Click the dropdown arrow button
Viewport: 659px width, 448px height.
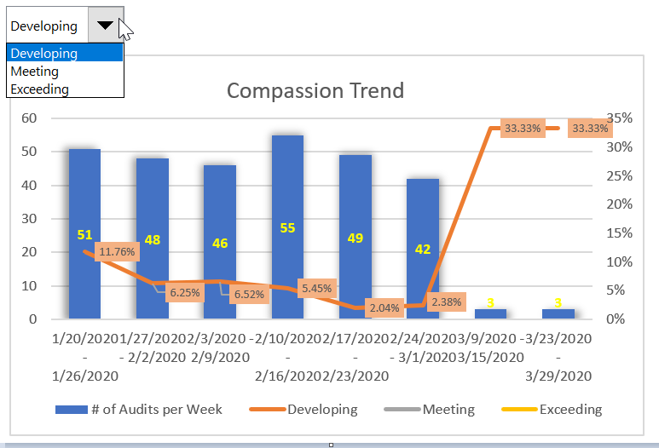[105, 26]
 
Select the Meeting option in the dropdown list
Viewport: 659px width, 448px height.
[35, 72]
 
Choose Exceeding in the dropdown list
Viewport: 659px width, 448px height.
[40, 89]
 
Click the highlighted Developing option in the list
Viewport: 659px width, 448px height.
[44, 54]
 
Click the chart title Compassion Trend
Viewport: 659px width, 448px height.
[315, 90]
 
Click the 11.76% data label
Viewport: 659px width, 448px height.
[117, 252]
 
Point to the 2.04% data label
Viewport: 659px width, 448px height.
[384, 307]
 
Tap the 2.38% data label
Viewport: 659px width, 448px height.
[447, 302]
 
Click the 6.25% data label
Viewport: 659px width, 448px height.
[185, 292]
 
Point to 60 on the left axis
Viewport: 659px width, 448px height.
[28, 118]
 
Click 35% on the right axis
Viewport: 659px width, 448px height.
[620, 118]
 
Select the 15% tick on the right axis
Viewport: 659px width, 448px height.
[620, 233]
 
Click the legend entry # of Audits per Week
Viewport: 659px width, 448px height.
[139, 410]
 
